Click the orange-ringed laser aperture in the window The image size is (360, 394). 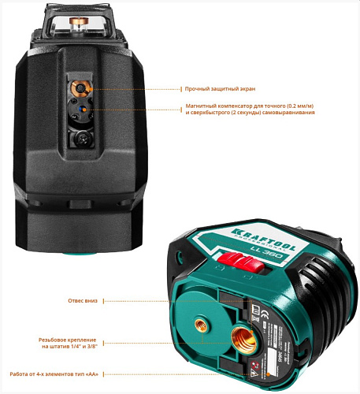coord(78,87)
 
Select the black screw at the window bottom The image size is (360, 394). coord(79,138)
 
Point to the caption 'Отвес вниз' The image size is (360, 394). coord(82,300)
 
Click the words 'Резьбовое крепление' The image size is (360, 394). coord(67,338)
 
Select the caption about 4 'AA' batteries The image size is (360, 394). coord(54,374)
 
